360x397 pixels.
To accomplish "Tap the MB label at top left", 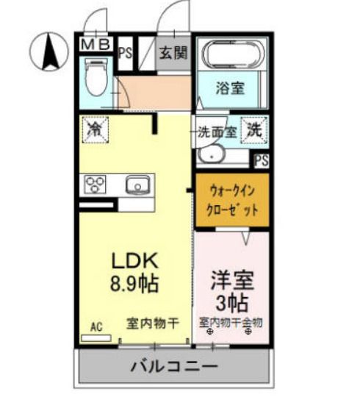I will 96,45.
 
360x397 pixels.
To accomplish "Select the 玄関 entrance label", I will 173,54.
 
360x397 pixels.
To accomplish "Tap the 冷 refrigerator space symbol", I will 94,131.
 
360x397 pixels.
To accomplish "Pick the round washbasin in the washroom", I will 212,154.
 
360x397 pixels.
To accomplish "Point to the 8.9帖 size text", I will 135,283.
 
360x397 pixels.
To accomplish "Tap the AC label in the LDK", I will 96,324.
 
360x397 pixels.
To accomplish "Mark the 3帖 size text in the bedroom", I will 231,302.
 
